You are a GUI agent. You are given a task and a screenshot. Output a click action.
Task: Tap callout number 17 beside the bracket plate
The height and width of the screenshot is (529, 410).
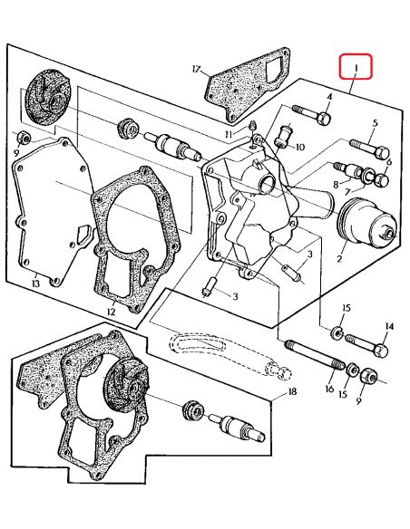pos(196,68)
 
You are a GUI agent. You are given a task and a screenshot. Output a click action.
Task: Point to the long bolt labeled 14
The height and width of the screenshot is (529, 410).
pos(367,344)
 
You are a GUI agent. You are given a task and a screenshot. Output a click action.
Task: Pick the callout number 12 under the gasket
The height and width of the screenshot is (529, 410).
pos(111,312)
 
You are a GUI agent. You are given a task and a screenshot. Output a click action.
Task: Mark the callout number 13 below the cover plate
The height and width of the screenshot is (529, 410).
pos(35,284)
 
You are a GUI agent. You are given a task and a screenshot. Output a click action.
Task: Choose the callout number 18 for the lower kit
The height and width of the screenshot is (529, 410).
pos(292,391)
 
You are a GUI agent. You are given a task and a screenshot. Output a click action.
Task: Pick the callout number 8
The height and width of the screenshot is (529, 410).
pos(335,184)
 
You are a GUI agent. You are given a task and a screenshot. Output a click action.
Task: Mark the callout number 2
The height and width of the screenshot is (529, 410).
pos(339,258)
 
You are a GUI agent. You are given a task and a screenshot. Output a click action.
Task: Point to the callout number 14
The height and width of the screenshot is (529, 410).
pos(389,326)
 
